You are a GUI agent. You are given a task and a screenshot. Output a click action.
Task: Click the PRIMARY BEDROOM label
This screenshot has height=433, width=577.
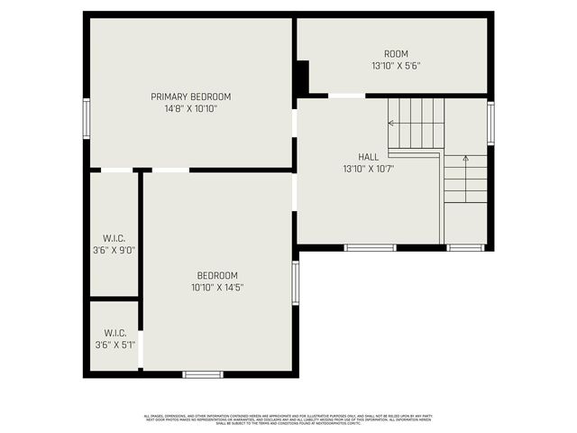coord(190,97)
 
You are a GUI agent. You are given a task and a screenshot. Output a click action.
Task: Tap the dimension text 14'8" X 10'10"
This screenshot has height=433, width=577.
coord(190,108)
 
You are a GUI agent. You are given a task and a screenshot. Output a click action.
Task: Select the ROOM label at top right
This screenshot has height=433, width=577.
coord(396,54)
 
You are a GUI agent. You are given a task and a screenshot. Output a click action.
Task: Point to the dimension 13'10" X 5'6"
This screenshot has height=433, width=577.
coord(396,66)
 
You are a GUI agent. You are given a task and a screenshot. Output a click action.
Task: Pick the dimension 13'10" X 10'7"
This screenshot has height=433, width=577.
coord(368,168)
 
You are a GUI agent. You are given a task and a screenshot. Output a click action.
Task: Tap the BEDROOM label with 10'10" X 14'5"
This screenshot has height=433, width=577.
coord(217,275)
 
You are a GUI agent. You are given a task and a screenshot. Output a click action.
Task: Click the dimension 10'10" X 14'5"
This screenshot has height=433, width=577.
coord(217,287)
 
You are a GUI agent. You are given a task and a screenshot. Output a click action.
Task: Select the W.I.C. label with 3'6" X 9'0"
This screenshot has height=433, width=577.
coord(114,238)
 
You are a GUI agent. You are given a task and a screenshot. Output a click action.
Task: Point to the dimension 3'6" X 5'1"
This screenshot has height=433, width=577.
coord(114,344)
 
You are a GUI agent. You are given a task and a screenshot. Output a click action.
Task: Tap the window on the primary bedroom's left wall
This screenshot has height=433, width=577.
coord(87,118)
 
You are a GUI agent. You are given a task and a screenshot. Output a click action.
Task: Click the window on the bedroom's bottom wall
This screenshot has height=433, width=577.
coord(202,373)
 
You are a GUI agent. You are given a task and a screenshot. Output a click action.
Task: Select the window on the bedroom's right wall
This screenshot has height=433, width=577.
coord(295,282)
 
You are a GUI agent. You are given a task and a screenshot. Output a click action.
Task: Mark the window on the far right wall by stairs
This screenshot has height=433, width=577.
coord(490,123)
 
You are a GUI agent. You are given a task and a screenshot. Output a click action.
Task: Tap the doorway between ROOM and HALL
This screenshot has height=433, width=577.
coord(346,95)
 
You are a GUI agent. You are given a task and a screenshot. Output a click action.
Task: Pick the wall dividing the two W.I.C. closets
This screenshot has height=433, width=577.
coord(114,298)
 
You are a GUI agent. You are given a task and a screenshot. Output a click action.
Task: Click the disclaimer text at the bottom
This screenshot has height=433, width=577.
coord(288,419)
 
